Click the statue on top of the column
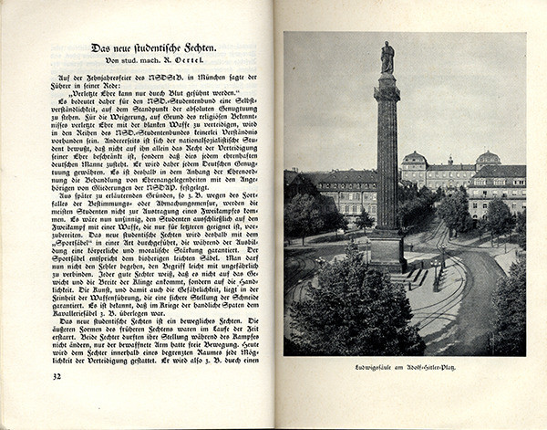[387, 57]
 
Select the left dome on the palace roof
[414, 158]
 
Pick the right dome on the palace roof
[488, 158]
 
